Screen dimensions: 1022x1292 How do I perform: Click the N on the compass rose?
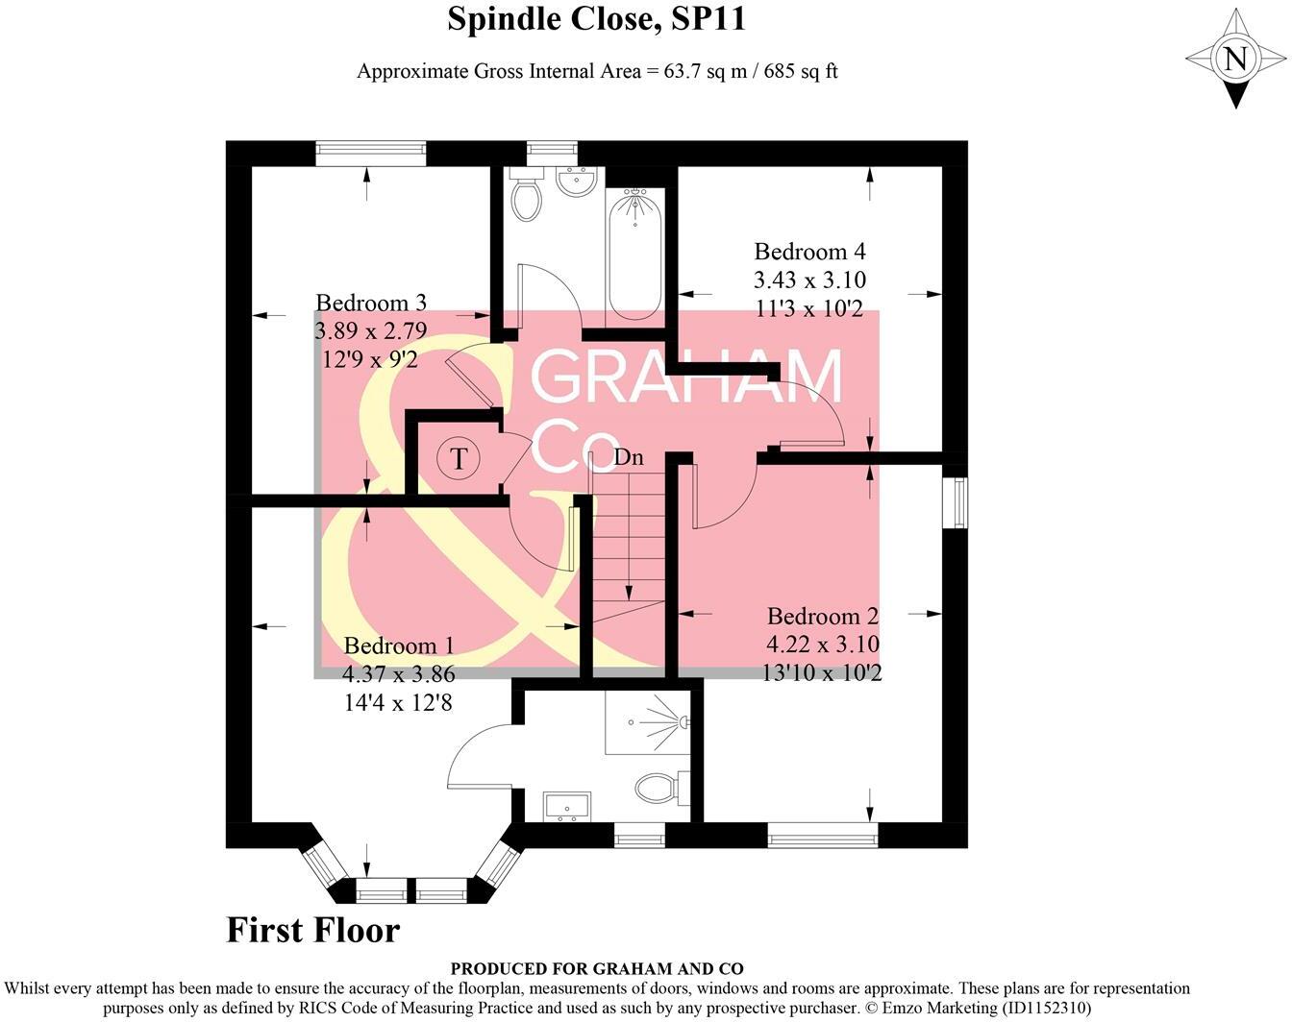pyautogui.click(x=1235, y=60)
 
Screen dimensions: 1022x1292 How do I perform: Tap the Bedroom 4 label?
pyautogui.click(x=809, y=252)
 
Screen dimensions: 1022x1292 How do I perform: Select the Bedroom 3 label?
pyautogui.click(x=370, y=304)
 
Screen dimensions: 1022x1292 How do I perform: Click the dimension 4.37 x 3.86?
pyautogui.click(x=399, y=674)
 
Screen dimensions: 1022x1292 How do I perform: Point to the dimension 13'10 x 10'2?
pyautogui.click(x=821, y=672)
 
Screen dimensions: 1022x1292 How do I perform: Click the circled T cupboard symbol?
pyautogui.click(x=459, y=458)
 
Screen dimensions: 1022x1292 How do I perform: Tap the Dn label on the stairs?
pyautogui.click(x=628, y=457)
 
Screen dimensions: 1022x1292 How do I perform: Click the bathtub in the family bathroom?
pyautogui.click(x=634, y=255)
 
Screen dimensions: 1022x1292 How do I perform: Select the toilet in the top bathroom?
pyautogui.click(x=526, y=197)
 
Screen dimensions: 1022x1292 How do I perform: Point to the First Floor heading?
pyautogui.click(x=312, y=930)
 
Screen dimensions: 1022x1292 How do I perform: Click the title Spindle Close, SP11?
pyautogui.click(x=596, y=19)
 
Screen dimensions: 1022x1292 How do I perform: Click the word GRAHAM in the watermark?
pyautogui.click(x=686, y=377)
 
